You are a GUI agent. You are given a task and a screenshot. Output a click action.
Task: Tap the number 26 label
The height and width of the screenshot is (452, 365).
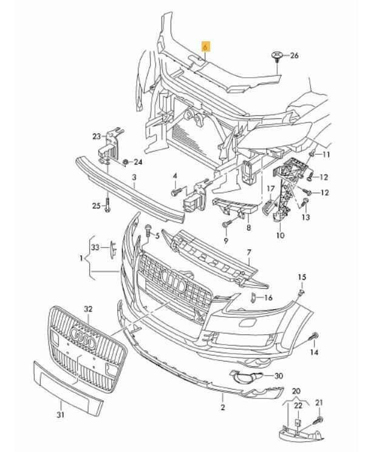[295, 56]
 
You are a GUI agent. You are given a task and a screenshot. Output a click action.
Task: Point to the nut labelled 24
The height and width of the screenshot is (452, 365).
[125, 162]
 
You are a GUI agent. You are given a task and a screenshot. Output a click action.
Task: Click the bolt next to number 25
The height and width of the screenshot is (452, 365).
[107, 204]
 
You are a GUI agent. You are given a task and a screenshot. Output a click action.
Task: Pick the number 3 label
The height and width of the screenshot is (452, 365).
[134, 177]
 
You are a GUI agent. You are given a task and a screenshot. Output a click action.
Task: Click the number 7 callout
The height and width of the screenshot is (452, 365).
[248, 252]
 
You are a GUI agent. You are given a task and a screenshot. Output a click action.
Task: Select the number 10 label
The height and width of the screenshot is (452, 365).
[280, 234]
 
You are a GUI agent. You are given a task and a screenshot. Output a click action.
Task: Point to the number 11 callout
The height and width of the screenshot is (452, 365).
[326, 155]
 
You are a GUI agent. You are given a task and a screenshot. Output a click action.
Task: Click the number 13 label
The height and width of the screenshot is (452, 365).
[305, 217]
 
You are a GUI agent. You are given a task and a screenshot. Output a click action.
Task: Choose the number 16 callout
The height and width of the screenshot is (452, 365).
[268, 297]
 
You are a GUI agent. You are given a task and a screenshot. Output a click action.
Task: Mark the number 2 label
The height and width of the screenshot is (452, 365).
[222, 407]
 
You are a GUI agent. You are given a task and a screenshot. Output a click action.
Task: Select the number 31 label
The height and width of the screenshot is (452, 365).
[60, 415]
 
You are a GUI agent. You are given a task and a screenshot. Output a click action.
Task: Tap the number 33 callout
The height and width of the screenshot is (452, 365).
[94, 247]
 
